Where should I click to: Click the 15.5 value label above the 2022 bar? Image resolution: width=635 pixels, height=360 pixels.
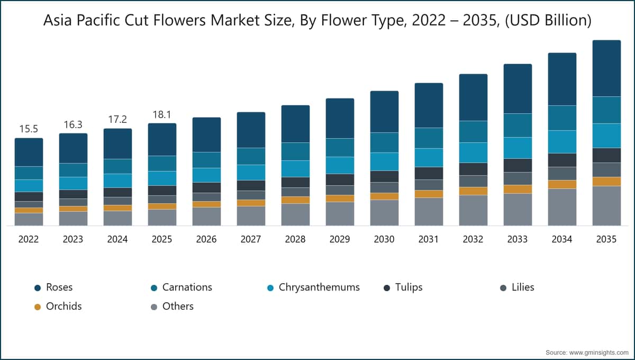[29, 129]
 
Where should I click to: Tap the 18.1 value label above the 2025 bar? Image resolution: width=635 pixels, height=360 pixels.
[162, 114]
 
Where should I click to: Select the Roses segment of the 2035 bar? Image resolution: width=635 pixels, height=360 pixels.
[606, 68]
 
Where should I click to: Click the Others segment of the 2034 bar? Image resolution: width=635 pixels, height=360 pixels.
[562, 207]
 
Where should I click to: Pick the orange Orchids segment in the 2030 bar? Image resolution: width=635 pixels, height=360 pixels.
[384, 196]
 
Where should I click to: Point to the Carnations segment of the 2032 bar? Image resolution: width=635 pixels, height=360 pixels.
[473, 131]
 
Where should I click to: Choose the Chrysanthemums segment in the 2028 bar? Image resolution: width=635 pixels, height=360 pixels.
[295, 168]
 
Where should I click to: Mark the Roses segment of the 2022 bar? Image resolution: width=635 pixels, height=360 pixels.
[29, 152]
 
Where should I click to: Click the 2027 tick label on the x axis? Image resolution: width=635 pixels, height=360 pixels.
[251, 239]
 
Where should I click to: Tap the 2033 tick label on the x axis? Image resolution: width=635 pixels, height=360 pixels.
[518, 239]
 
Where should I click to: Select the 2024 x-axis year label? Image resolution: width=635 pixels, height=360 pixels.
[117, 239]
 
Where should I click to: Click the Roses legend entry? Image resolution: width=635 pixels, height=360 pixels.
[59, 287]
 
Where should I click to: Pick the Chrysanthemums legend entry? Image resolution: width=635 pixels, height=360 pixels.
[319, 287]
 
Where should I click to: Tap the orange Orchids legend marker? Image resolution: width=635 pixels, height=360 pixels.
[38, 307]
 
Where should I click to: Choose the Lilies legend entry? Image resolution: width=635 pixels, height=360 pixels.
[522, 287]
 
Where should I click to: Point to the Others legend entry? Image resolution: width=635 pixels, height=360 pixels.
[177, 307]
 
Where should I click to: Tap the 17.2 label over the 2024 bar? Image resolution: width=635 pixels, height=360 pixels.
[117, 120]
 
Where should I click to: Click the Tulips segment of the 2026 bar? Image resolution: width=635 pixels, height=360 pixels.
[206, 187]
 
